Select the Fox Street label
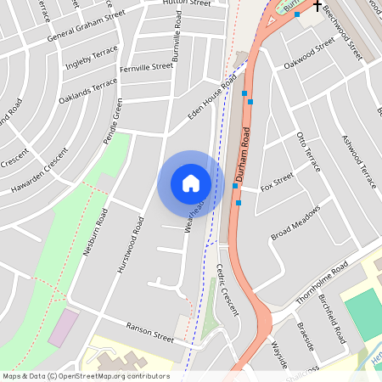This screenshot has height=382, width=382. tap(277, 181)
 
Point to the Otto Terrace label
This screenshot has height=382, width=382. tap(306, 151)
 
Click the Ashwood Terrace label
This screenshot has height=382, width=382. tap(357, 161)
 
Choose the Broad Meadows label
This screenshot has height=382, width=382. tap(295, 222)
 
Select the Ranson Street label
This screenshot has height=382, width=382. tap(149, 332)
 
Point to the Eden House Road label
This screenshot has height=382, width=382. tap(218, 98)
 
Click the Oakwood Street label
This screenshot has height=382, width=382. tap(310, 53)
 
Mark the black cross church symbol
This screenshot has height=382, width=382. tap(317, 6)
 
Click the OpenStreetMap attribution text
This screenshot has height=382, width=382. tap(85, 376)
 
